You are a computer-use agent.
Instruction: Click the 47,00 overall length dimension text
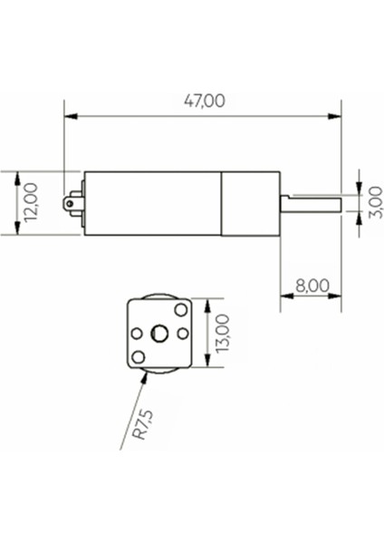[204, 102]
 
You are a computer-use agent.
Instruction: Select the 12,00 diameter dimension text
[30, 203]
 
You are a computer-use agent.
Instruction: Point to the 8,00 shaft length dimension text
[312, 286]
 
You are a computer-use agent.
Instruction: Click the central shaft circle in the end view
[160, 334]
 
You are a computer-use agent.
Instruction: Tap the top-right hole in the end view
[180, 312]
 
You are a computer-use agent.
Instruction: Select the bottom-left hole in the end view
[139, 356]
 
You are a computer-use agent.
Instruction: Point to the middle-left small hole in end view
[137, 334]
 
